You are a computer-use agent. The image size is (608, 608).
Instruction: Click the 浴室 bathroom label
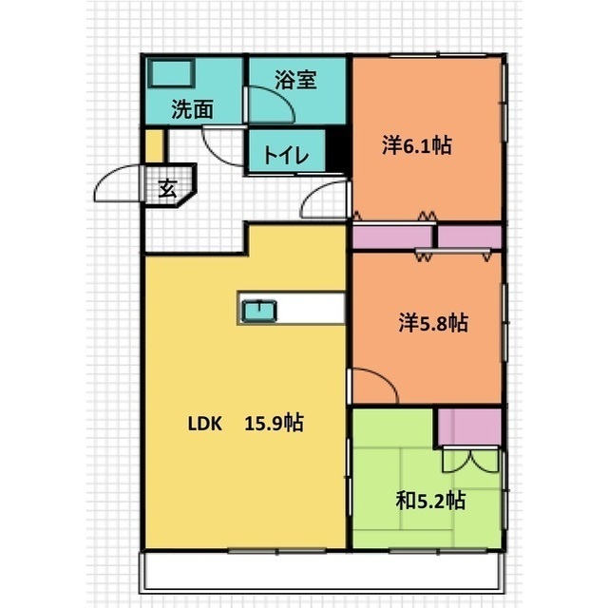coord(295,80)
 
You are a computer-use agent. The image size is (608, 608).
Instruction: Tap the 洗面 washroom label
coord(193,109)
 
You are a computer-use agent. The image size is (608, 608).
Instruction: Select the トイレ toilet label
coord(286,155)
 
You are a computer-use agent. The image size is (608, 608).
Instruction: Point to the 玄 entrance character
coord(168,188)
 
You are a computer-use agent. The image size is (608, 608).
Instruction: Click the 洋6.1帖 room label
coord(417,145)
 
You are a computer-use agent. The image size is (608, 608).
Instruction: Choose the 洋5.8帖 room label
coord(433,323)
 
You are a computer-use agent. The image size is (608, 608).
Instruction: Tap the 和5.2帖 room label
coord(430,501)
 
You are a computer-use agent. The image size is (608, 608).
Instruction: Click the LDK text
coord(205,424)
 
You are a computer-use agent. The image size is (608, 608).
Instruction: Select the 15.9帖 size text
coord(275,423)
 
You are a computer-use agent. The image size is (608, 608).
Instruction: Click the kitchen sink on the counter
coord(259,311)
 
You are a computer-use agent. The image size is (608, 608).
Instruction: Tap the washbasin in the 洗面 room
coord(171,72)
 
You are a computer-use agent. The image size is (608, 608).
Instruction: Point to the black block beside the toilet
coord(335,150)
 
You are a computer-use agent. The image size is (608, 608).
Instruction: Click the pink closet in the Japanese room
coord(470,427)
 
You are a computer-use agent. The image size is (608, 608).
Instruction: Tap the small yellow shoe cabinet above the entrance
coord(154,145)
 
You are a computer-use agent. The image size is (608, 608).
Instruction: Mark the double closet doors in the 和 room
coord(470,460)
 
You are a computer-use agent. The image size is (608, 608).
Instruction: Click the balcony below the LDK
coord(323,572)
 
